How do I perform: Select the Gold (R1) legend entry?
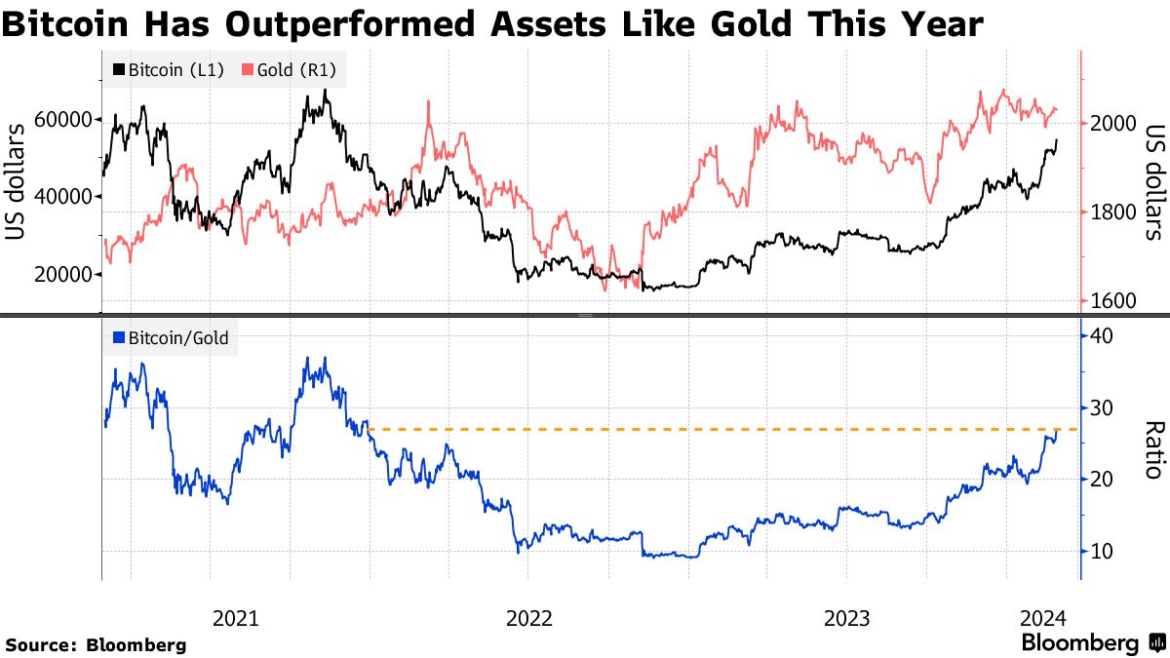(293, 69)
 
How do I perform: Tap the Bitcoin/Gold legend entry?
(171, 338)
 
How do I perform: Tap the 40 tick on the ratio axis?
(1102, 335)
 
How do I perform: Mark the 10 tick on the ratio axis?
(1102, 552)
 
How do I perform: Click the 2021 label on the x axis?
(235, 618)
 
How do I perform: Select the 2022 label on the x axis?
(526, 618)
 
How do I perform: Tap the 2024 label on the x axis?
(1040, 618)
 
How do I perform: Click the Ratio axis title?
(1153, 449)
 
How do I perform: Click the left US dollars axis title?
(16, 181)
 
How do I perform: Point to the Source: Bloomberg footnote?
(96, 644)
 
